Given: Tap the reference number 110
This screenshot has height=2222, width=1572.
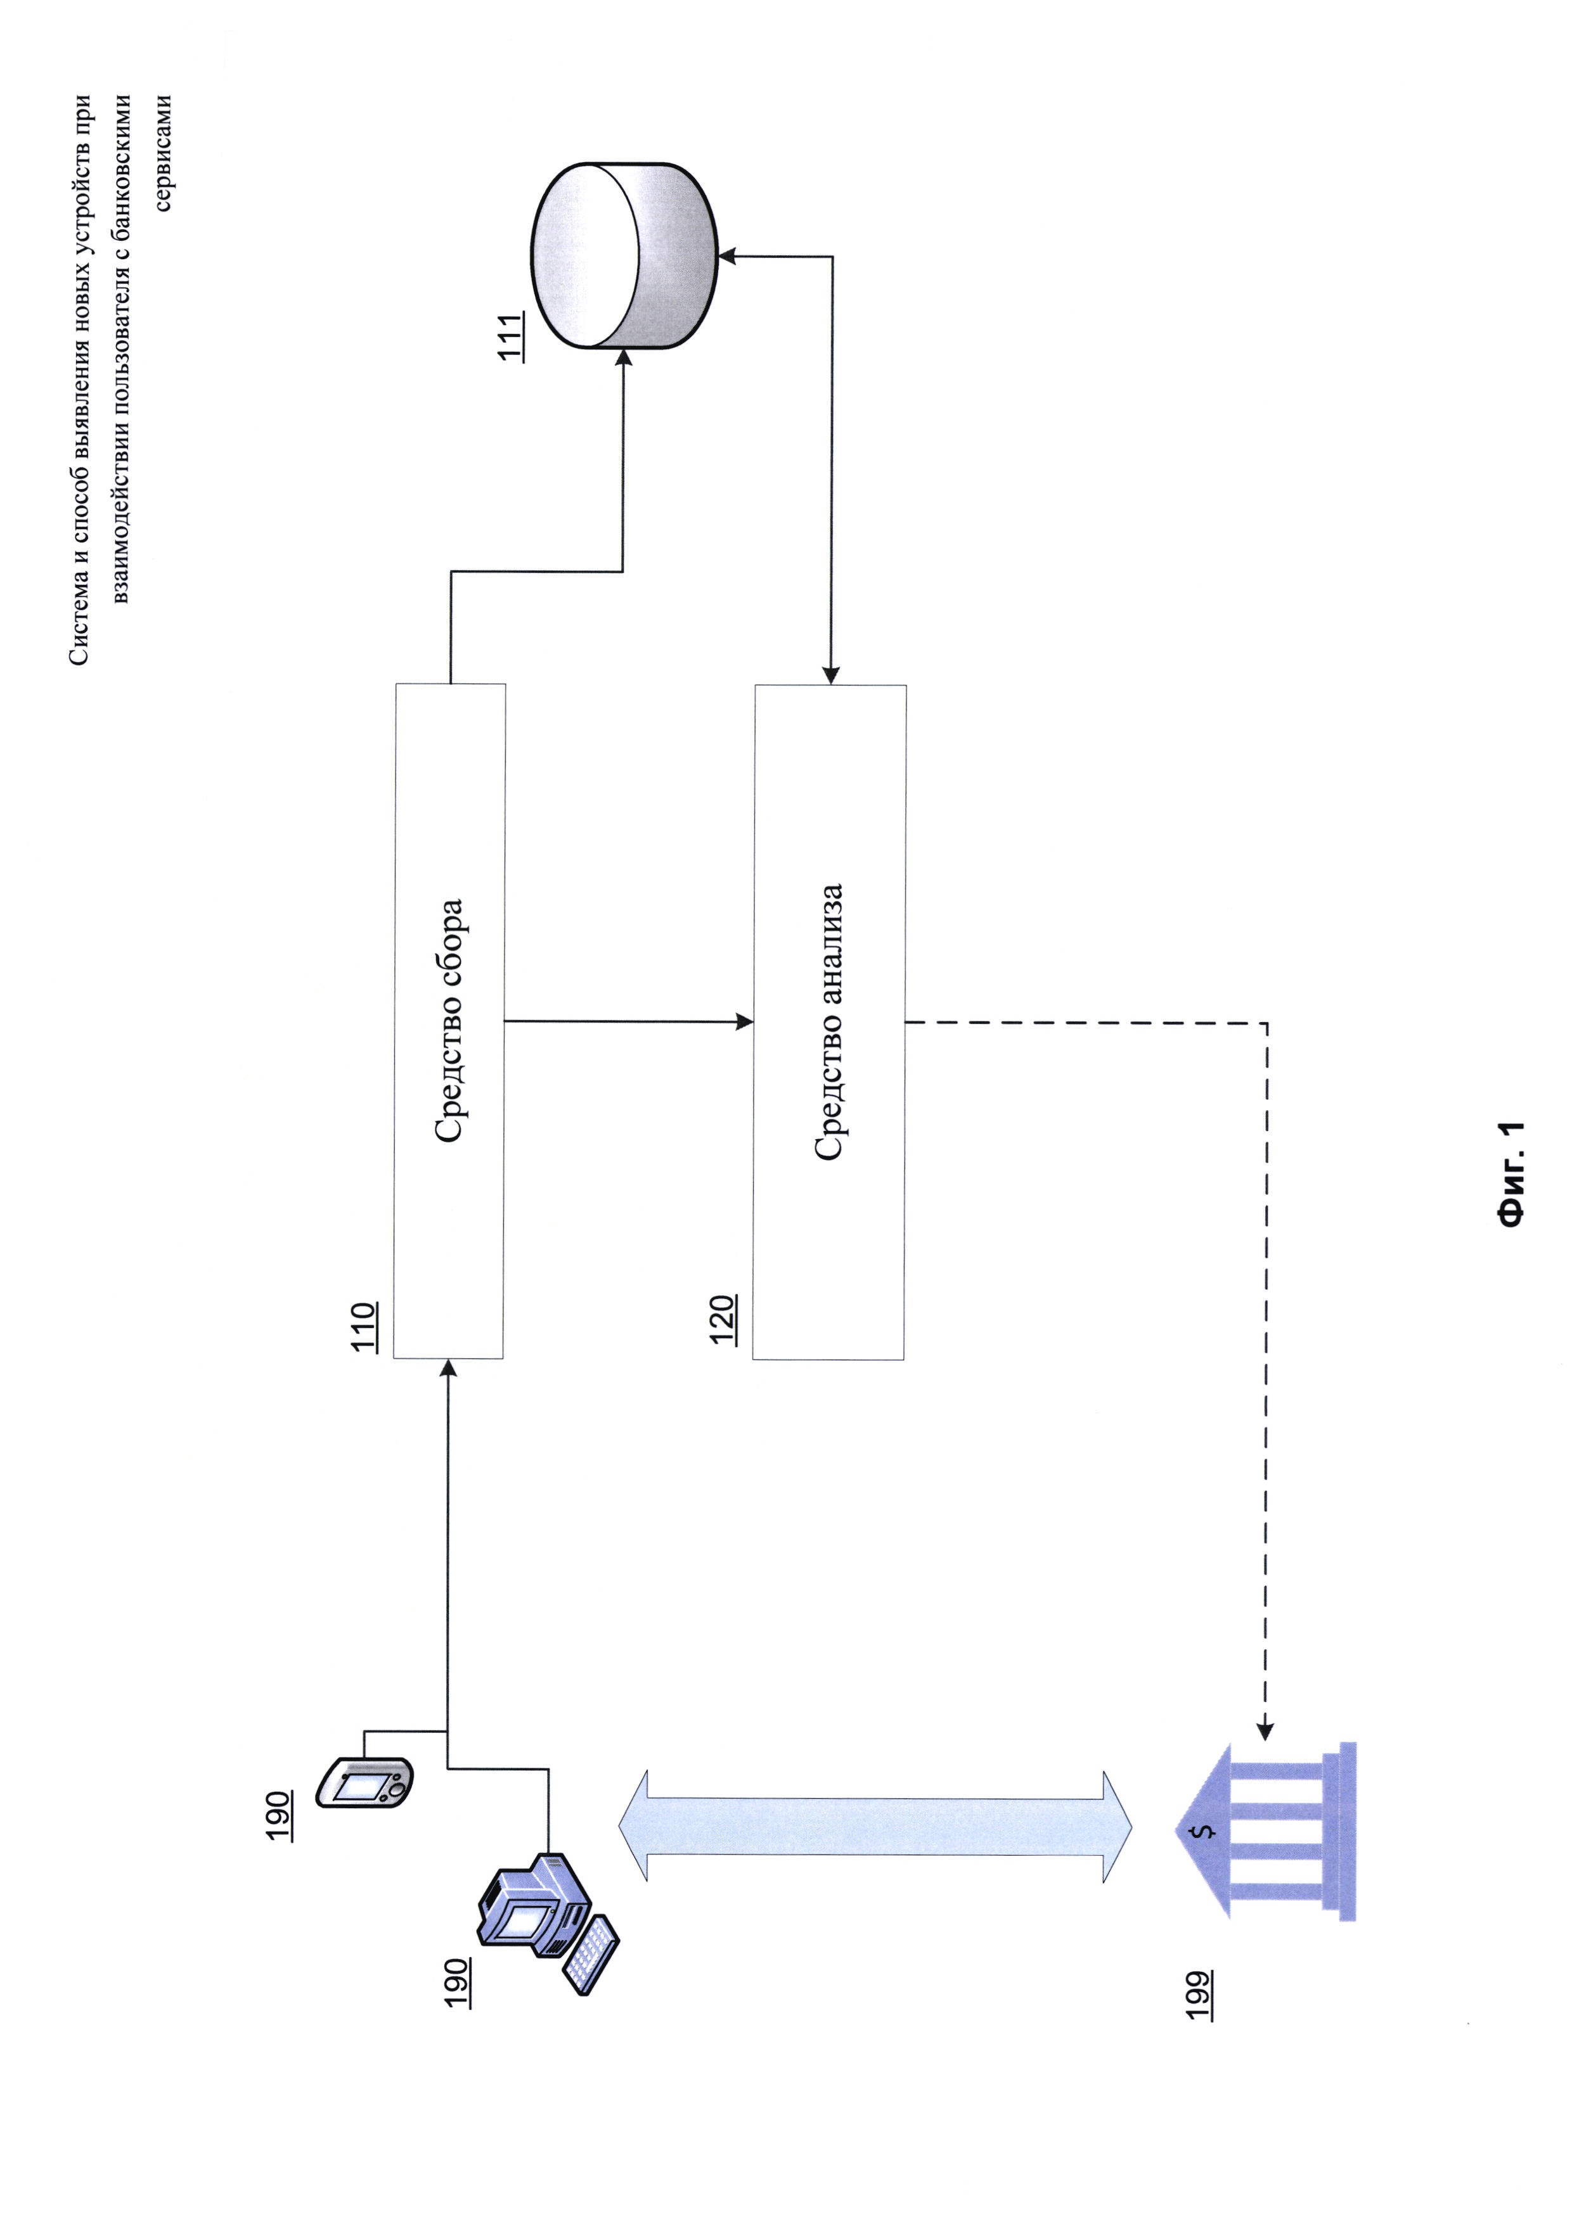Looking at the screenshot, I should (363, 1327).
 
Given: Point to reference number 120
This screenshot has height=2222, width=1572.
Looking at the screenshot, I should (722, 1319).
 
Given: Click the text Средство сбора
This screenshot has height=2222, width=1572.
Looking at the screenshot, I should (449, 1021).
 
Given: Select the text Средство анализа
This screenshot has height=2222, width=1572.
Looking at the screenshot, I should (830, 1021).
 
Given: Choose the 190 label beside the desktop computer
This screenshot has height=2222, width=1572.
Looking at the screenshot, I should (457, 1981).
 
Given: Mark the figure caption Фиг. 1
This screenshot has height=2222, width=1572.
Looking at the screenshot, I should (1511, 1174).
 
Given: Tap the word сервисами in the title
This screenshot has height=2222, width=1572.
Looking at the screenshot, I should (163, 152).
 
